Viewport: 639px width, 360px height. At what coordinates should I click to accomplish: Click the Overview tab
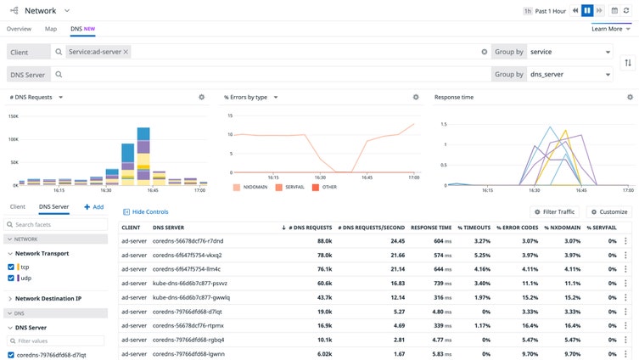19,29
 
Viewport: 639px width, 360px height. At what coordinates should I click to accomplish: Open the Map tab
51,29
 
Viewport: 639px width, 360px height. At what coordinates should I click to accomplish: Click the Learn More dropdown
612,29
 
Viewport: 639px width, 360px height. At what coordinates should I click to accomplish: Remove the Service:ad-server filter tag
126,52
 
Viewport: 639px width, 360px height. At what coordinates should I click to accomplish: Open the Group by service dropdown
569,52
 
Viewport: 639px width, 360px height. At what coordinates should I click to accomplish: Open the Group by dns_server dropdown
569,75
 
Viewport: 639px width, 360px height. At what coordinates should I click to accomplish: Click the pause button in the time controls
586,11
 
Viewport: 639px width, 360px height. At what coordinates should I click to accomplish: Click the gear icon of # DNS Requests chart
202,98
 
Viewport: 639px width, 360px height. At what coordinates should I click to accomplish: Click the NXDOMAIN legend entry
252,187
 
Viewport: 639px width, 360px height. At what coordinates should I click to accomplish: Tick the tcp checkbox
12,267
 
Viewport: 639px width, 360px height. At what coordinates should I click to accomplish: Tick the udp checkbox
12,278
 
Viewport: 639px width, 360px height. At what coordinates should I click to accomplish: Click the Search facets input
59,224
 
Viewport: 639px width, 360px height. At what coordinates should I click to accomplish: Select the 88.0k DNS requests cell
319,241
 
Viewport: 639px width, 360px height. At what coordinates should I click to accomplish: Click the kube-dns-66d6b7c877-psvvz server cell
189,283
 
